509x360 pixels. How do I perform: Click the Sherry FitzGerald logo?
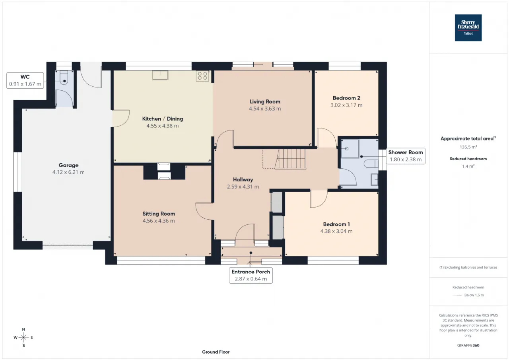tap(468, 28)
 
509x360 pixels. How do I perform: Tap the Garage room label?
tap(68, 165)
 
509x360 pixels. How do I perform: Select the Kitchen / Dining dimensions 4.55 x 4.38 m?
tap(163, 126)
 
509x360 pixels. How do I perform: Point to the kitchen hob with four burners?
tap(202, 76)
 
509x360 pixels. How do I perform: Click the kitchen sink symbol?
tap(160, 75)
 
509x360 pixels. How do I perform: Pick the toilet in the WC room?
tap(64, 78)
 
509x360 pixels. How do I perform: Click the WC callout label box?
tap(25, 80)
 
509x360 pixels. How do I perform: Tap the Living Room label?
tap(265, 101)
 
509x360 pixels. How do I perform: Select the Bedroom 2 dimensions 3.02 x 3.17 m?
tap(346, 105)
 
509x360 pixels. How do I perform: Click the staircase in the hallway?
tap(290, 159)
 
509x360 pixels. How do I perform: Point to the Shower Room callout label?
tap(406, 156)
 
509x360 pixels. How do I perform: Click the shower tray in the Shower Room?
tap(350, 149)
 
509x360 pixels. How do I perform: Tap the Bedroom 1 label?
tap(336, 224)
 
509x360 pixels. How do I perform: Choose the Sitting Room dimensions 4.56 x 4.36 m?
tap(159, 221)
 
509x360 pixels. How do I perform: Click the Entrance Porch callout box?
tap(251, 275)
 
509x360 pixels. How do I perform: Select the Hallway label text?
tap(243, 180)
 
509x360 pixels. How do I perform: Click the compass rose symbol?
tap(23, 337)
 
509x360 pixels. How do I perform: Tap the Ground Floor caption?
tap(216, 352)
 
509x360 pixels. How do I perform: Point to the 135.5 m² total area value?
tap(468, 147)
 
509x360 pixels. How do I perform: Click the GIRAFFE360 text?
tap(468, 345)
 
